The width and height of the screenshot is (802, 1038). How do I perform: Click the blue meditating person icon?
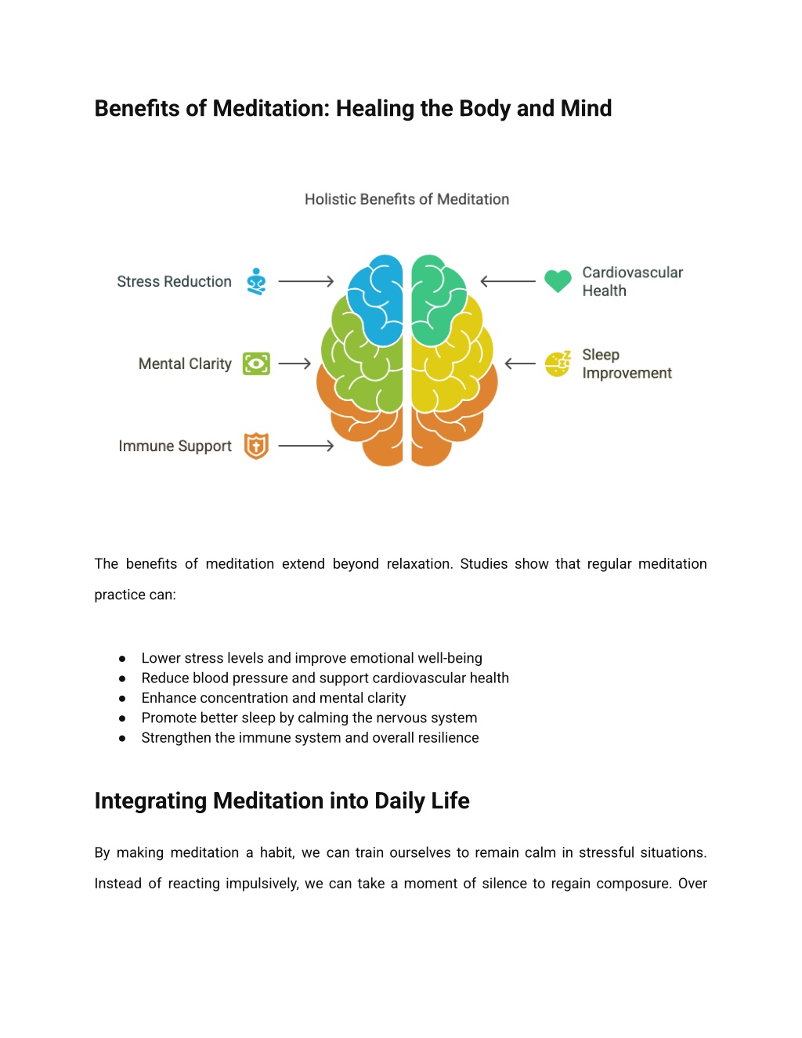click(256, 281)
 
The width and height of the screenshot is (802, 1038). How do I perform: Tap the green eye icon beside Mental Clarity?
click(256, 364)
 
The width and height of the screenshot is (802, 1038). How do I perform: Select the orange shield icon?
click(256, 447)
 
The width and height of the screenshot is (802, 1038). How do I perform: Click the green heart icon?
click(558, 281)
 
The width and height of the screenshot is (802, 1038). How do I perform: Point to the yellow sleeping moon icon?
click(558, 364)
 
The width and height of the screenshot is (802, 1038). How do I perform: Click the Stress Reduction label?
click(174, 282)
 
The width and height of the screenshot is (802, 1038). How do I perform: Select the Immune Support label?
click(175, 447)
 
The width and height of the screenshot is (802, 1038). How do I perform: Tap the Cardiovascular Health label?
click(633, 281)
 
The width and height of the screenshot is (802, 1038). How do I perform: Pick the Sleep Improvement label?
click(627, 363)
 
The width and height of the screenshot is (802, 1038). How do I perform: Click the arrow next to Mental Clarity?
click(294, 364)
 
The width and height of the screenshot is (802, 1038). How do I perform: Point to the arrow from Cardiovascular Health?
click(508, 281)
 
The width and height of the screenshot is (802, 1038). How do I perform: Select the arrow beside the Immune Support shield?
click(306, 447)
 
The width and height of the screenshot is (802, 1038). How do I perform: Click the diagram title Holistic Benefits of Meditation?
click(406, 199)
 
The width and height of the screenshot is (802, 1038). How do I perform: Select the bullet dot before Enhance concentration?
click(122, 698)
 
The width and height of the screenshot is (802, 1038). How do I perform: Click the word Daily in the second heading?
click(399, 801)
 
